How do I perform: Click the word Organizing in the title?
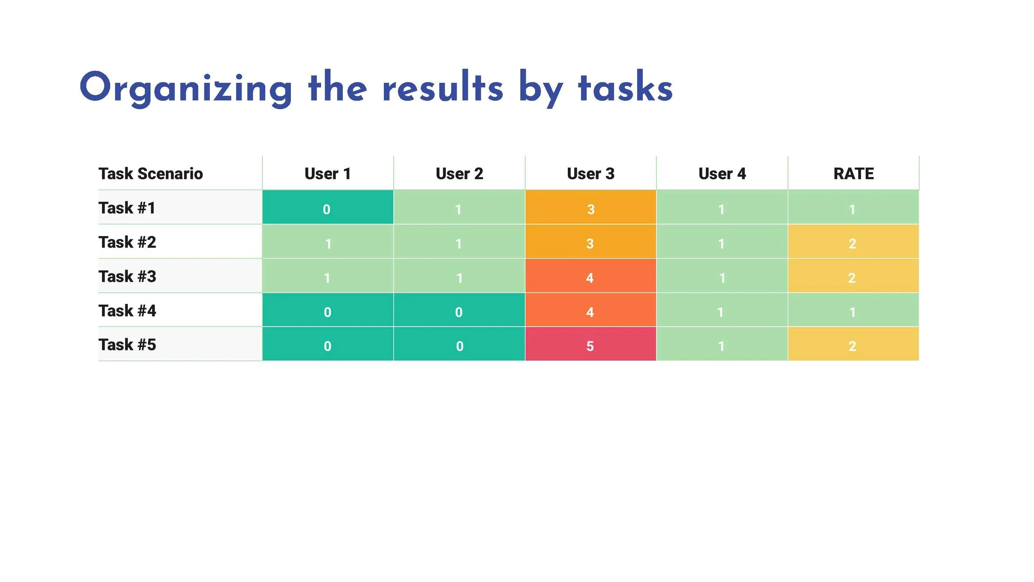pyautogui.click(x=186, y=88)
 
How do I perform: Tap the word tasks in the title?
pyautogui.click(x=625, y=88)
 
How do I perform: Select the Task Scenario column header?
pyautogui.click(x=151, y=174)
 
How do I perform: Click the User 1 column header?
pyautogui.click(x=328, y=174)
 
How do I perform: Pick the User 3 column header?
pyautogui.click(x=591, y=174)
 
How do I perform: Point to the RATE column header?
pyautogui.click(x=853, y=174)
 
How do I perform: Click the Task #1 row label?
pyautogui.click(x=127, y=208)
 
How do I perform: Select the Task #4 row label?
pyautogui.click(x=127, y=311)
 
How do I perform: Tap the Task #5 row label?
pyautogui.click(x=127, y=345)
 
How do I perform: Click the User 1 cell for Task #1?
pyautogui.click(x=328, y=208)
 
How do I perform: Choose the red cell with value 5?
pyautogui.click(x=591, y=344)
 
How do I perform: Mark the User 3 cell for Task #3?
pyautogui.click(x=591, y=276)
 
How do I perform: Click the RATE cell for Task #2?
pyautogui.click(x=853, y=242)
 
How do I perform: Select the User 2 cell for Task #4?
pyautogui.click(x=459, y=310)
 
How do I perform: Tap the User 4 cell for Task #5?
pyautogui.click(x=722, y=344)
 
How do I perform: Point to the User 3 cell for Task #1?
pyautogui.click(x=591, y=208)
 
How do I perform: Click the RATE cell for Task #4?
pyautogui.click(x=853, y=310)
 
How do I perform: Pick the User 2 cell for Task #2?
pyautogui.click(x=459, y=242)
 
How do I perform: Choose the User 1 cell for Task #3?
pyautogui.click(x=328, y=276)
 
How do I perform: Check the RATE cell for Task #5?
pyautogui.click(x=853, y=344)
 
